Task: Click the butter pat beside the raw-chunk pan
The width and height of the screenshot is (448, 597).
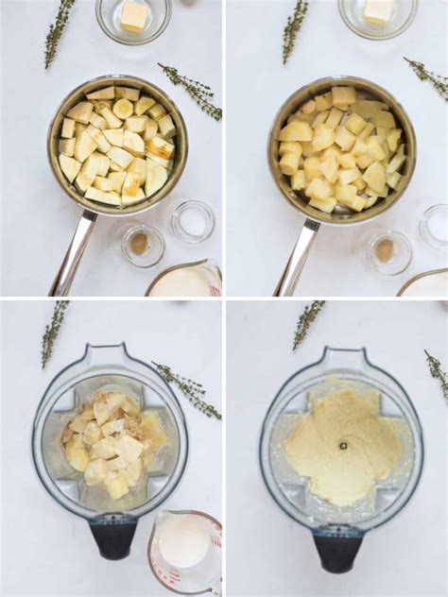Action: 134,15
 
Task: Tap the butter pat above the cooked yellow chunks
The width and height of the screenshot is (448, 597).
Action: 379,10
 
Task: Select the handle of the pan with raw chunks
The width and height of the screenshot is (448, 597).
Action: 74,251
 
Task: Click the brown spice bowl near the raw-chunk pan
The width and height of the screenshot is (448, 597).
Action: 141,245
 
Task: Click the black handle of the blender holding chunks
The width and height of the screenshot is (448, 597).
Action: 113,537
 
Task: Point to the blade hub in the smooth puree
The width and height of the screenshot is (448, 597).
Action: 342,445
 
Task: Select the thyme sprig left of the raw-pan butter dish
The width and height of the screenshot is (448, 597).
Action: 59,32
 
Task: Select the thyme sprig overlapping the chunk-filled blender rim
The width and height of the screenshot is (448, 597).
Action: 188,389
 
